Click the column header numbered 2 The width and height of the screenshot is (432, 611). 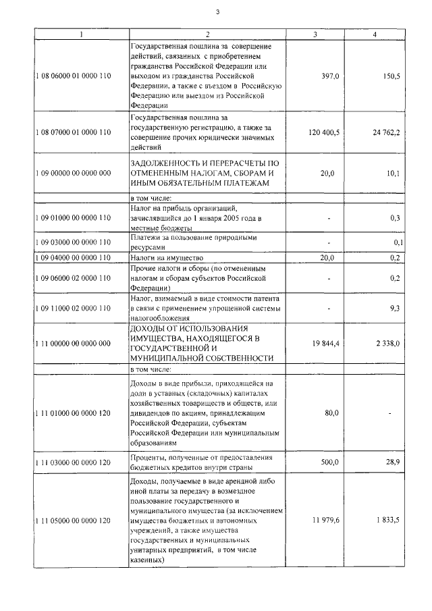[207, 34]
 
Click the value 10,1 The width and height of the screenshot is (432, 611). [393, 174]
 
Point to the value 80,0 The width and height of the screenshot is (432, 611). [330, 413]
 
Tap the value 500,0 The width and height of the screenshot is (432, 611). [328, 462]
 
